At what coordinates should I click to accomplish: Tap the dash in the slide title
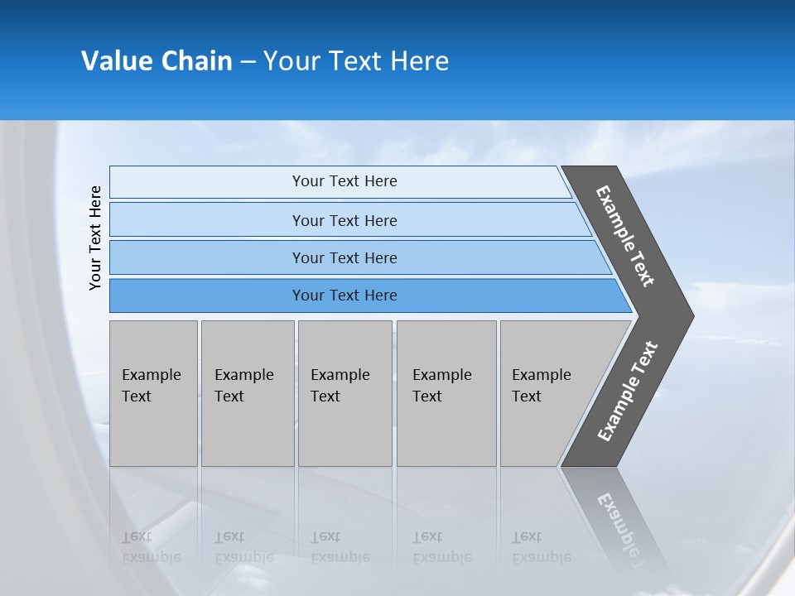[248, 62]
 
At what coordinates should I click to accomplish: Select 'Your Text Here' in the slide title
[356, 61]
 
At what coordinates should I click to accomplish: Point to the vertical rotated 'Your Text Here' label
[95, 238]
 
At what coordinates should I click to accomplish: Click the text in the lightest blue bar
[344, 181]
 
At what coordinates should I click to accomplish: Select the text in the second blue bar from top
[344, 221]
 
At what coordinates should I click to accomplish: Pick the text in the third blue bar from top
[344, 258]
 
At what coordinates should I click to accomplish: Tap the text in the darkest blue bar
[344, 296]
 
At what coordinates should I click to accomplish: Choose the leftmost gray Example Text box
[153, 393]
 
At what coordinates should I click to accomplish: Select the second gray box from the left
[247, 393]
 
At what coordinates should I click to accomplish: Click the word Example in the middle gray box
[340, 375]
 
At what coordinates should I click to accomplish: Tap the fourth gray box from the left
[446, 393]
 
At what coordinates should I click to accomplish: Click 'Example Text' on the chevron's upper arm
[625, 236]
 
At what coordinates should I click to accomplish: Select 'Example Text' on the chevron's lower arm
[628, 392]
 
